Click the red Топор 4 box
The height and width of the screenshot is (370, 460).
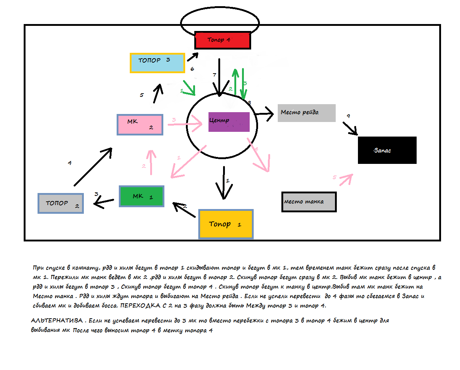tap(223, 40)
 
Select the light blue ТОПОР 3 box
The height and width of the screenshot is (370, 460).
tap(157, 63)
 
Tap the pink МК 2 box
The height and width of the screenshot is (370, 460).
tap(140, 125)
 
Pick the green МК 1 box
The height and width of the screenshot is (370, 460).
tap(141, 196)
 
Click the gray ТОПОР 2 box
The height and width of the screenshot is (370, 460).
tap(61, 203)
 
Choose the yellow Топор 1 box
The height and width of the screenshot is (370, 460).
tap(226, 224)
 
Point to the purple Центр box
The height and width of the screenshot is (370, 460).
tap(229, 122)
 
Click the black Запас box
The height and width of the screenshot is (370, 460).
tap(387, 150)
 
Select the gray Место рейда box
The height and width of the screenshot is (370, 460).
tap(307, 113)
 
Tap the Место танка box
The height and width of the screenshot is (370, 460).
tap(309, 202)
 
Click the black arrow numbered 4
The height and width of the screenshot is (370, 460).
tap(93, 167)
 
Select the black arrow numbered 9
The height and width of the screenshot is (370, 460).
tap(350, 128)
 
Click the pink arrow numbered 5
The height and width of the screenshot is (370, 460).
tap(346, 179)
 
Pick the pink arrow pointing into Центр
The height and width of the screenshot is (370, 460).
tap(185, 124)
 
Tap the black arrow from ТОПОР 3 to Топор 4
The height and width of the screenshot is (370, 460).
tap(192, 57)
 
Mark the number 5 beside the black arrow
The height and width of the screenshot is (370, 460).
tap(142, 95)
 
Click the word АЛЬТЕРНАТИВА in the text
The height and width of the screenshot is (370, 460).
tap(57, 320)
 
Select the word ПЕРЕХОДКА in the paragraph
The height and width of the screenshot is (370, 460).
tap(140, 306)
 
